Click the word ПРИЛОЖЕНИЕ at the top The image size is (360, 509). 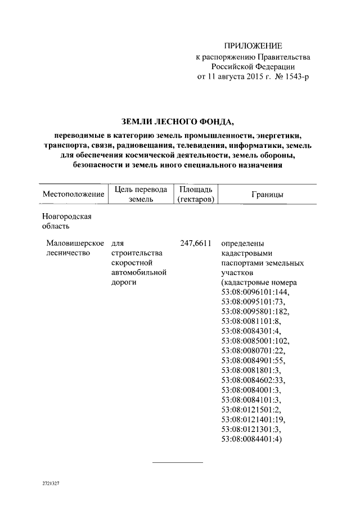[253, 45]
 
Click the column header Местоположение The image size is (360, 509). [74, 194]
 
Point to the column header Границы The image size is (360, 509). [267, 194]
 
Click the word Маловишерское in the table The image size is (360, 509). [75, 244]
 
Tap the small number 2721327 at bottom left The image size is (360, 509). [51, 483]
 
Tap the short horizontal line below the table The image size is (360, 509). [178, 462]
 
